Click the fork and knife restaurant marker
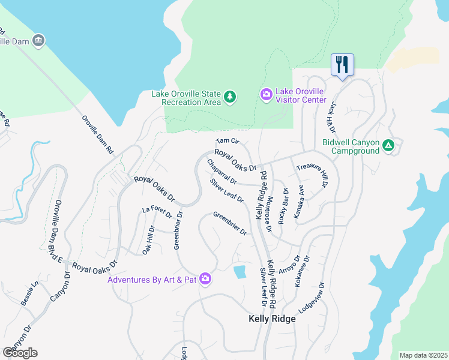[x=342, y=65]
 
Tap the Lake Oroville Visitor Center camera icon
[x=266, y=95]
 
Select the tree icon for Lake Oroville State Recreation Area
[x=229, y=97]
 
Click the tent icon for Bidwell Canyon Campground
[x=388, y=145]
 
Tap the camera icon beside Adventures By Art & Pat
[x=206, y=279]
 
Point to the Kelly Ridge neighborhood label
[x=272, y=319]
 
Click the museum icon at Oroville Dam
[x=38, y=41]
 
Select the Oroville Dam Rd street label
[x=97, y=135]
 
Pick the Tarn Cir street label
[x=228, y=142]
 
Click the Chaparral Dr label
[x=221, y=172]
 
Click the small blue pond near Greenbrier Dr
[x=240, y=272]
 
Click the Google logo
[x=20, y=352]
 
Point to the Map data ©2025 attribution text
[x=423, y=355]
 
